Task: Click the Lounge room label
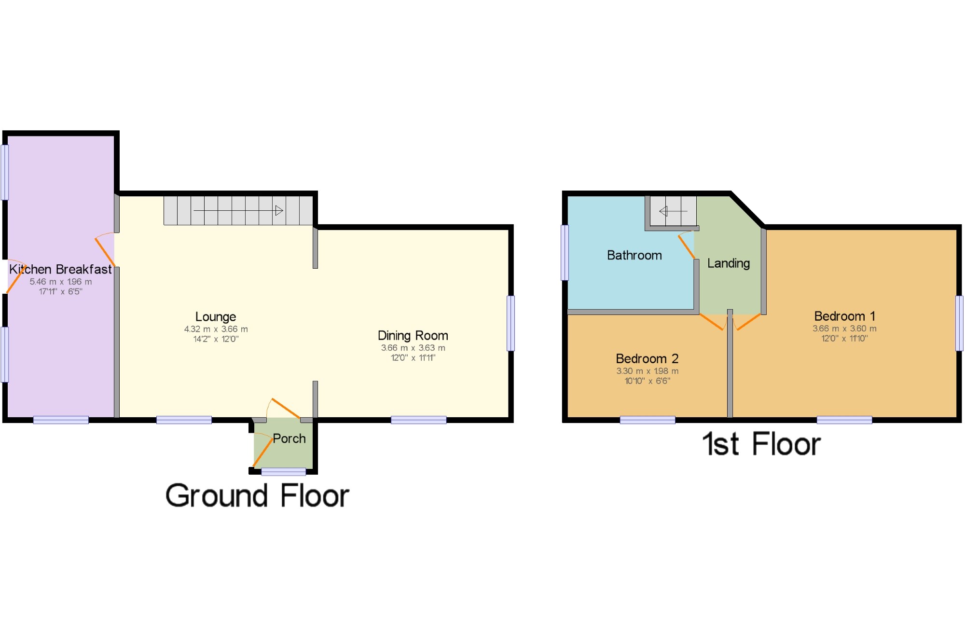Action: [x=216, y=317]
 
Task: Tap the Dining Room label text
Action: [x=413, y=336]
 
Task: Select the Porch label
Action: [x=289, y=438]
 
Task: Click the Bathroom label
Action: [x=634, y=255]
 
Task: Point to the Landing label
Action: [x=728, y=263]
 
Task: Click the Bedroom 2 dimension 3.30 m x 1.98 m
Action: [x=647, y=371]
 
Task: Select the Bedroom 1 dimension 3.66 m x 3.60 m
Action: [x=844, y=328]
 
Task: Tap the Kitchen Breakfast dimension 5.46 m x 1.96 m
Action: [x=60, y=282]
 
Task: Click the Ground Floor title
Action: [x=257, y=496]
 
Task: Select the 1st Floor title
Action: [x=761, y=444]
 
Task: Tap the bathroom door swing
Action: [x=686, y=245]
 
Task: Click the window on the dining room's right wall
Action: [x=510, y=323]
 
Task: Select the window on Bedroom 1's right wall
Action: [x=959, y=323]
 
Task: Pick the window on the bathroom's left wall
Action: [x=565, y=252]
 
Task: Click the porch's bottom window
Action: [x=283, y=471]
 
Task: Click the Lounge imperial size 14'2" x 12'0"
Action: [x=216, y=339]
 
